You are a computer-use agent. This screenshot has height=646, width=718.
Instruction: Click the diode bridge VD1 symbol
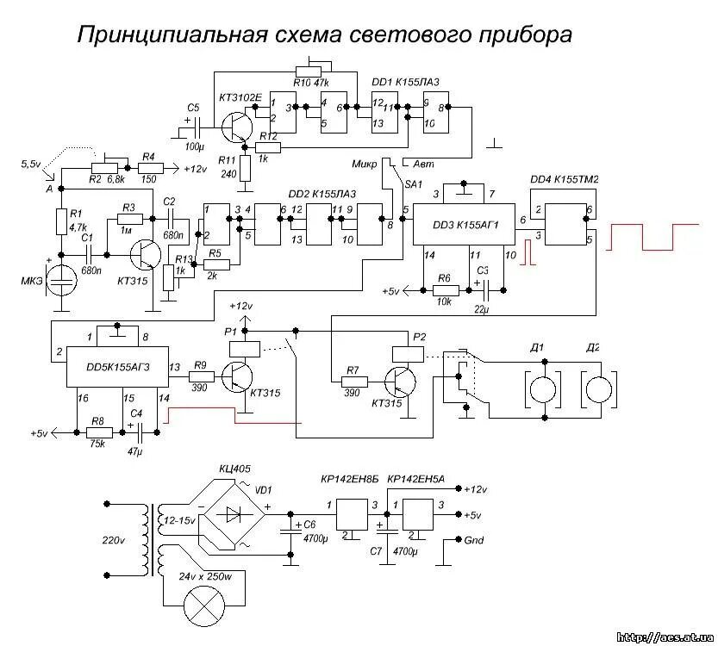click(x=234, y=515)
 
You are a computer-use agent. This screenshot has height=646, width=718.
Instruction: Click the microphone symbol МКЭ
click(x=61, y=281)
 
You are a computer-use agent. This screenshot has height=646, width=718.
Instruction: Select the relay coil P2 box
click(x=406, y=353)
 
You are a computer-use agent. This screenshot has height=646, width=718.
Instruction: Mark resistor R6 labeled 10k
click(x=444, y=291)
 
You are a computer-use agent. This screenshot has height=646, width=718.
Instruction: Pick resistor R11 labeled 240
click(x=245, y=169)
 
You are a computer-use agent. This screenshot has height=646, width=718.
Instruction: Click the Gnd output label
click(x=473, y=541)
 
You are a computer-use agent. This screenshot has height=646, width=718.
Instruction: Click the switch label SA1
click(x=413, y=184)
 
